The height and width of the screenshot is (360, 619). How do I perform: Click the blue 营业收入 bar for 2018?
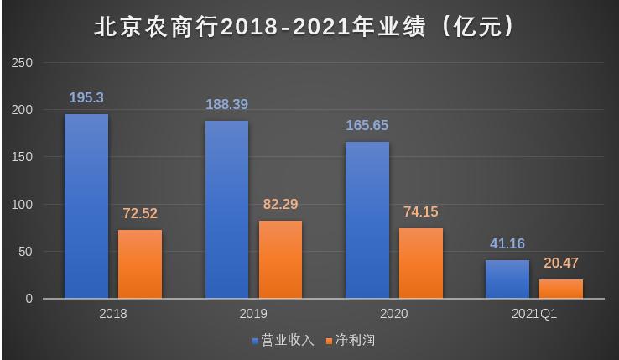(x=86, y=206)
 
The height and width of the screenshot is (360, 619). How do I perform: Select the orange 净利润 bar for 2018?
(x=140, y=264)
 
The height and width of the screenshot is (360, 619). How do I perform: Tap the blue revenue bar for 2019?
(x=226, y=210)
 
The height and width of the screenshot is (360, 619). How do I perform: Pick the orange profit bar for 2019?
(x=280, y=259)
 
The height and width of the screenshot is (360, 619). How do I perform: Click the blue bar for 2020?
(x=367, y=220)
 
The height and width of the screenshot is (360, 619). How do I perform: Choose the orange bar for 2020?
(x=421, y=263)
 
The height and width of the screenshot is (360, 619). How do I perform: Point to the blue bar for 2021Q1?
(x=507, y=279)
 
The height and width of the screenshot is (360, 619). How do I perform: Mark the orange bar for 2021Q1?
(x=561, y=289)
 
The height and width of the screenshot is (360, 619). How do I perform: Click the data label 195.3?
(x=86, y=98)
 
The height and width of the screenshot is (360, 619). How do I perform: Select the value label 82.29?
(x=280, y=204)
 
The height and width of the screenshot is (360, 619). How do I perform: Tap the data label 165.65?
(x=367, y=126)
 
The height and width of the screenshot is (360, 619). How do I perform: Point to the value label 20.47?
(x=561, y=263)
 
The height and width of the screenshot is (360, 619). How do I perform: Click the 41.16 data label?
(x=507, y=244)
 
